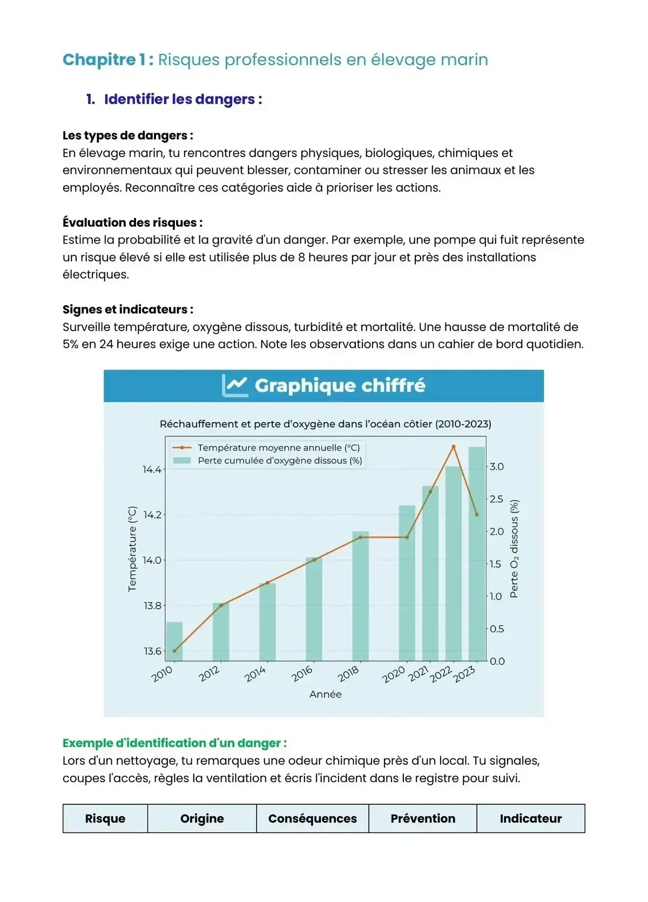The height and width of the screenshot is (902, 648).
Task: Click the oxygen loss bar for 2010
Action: tap(174, 641)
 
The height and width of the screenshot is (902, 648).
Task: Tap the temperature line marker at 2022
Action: tap(453, 447)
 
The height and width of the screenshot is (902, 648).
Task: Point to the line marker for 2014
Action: tap(267, 583)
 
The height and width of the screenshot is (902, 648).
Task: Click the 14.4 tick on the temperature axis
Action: tap(152, 469)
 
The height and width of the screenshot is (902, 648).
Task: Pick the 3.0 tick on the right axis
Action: tap(497, 467)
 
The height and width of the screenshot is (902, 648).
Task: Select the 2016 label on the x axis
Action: tap(302, 674)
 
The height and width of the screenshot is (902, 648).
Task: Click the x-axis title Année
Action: tap(325, 694)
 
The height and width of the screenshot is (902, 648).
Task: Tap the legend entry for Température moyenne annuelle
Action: tap(278, 448)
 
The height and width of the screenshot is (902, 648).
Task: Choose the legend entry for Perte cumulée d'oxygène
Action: tap(279, 461)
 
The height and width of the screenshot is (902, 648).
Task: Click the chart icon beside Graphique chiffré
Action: tap(235, 386)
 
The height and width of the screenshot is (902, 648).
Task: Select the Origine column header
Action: tap(202, 818)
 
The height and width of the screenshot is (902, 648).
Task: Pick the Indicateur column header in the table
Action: tap(530, 818)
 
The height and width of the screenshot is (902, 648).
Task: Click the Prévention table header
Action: tap(423, 818)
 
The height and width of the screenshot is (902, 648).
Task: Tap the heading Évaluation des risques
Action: tap(132, 223)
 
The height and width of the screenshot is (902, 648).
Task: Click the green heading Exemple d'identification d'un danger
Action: tap(174, 743)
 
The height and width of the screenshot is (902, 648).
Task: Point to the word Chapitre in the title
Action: tap(99, 59)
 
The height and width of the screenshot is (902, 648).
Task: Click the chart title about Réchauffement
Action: tap(325, 424)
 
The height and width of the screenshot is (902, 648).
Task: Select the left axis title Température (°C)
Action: tap(132, 549)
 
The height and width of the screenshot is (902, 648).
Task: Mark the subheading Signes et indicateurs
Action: tap(127, 309)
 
